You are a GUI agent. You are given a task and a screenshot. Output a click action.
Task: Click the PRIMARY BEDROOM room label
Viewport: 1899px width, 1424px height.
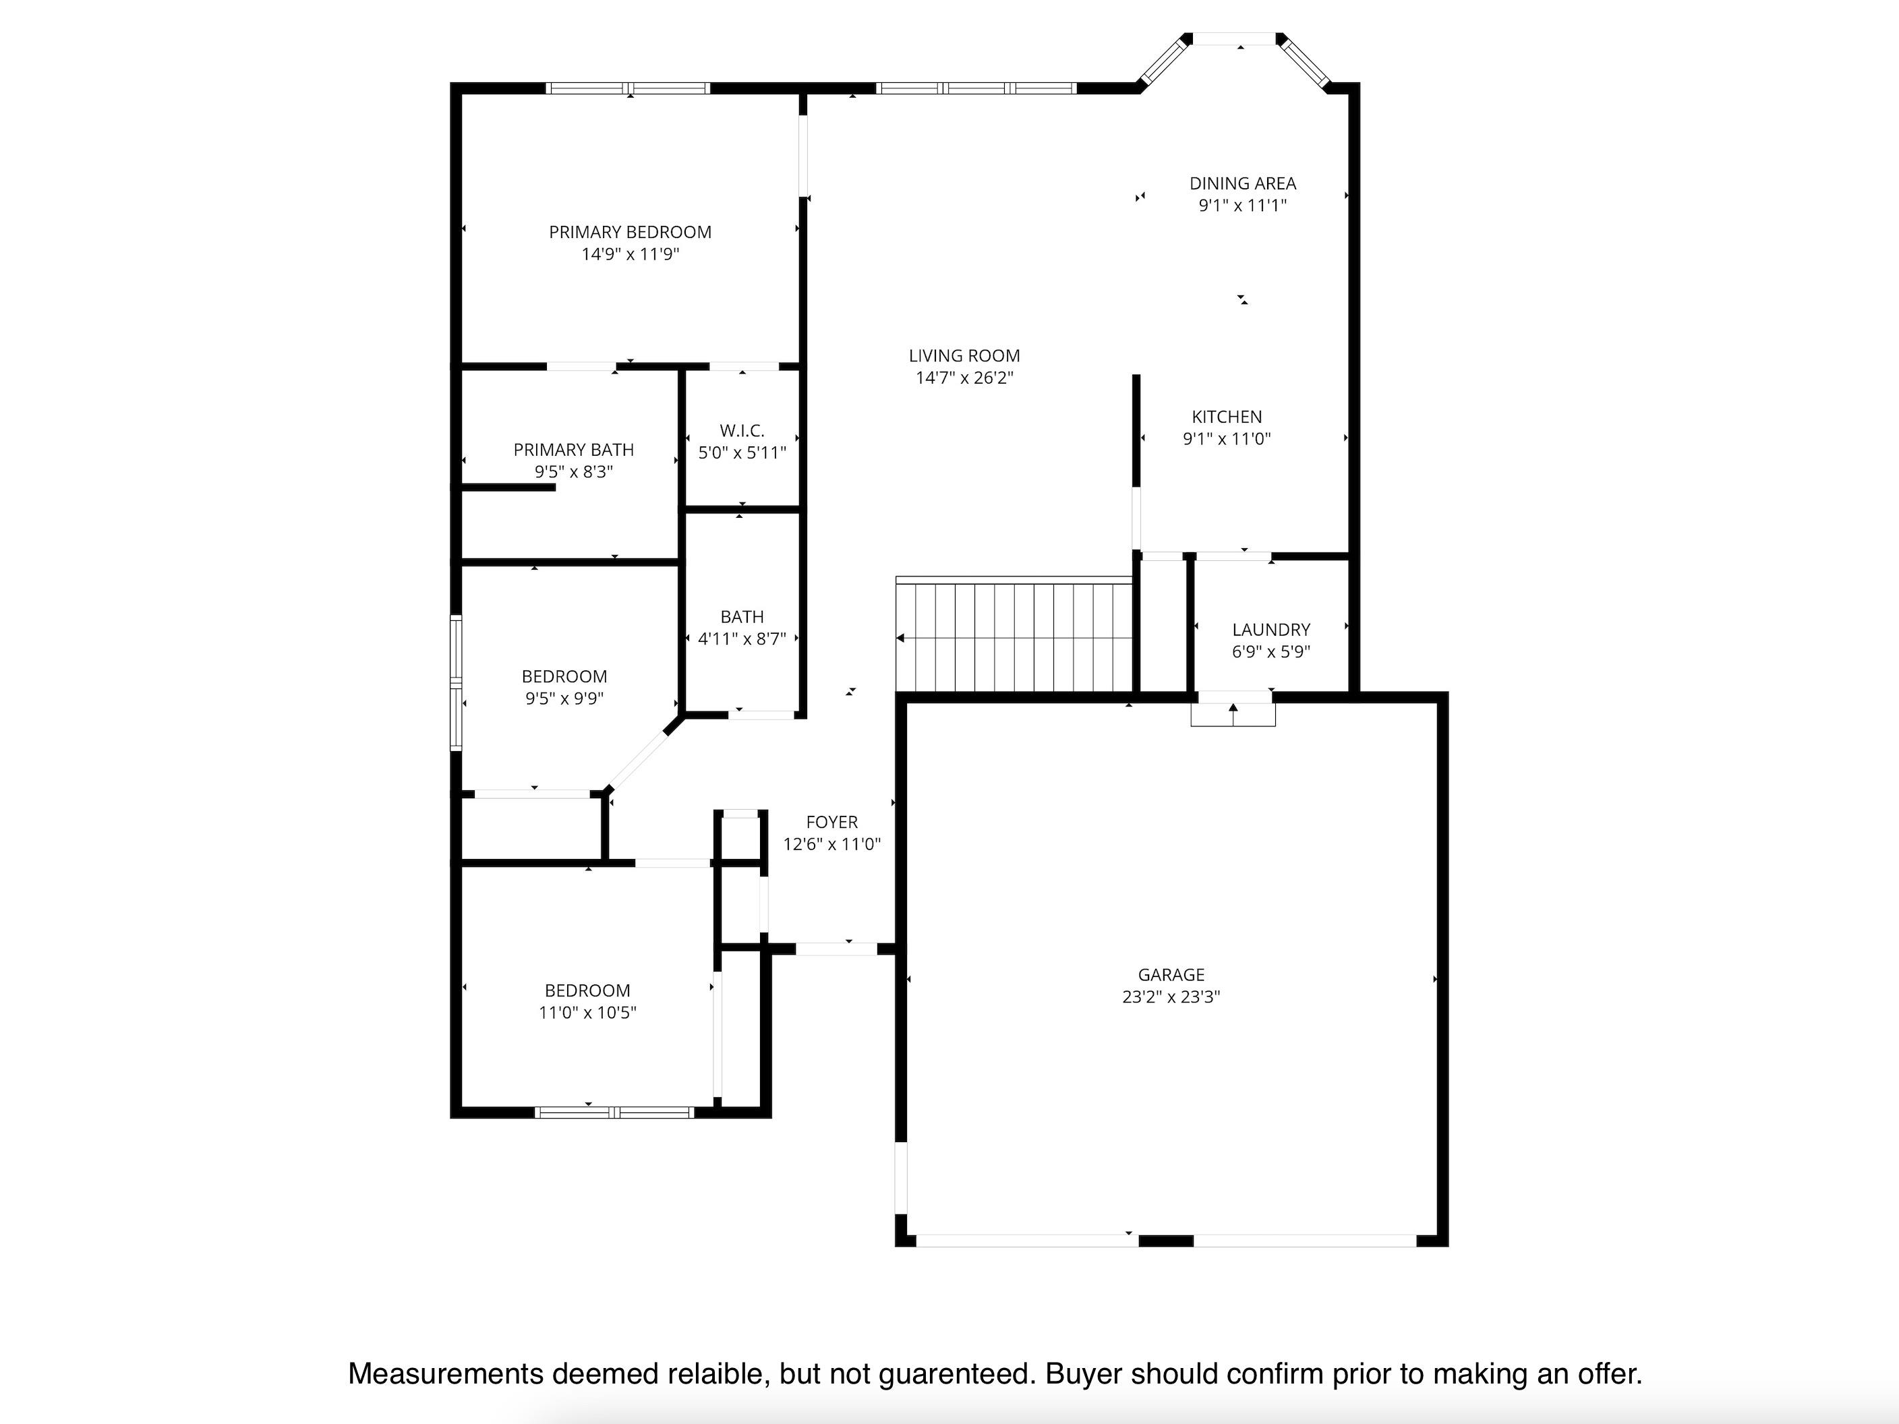click(630, 232)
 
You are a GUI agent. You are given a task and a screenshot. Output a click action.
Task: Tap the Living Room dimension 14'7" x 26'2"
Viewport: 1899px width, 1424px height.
click(964, 378)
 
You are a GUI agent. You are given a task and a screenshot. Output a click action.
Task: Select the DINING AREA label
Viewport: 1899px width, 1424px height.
click(1242, 183)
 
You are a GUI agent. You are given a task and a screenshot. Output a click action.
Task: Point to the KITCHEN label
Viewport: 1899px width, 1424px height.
click(1227, 416)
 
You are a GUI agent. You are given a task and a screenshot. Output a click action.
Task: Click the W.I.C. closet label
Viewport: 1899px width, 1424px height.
click(742, 430)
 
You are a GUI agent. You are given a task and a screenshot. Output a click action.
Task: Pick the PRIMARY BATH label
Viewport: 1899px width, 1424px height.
click(573, 449)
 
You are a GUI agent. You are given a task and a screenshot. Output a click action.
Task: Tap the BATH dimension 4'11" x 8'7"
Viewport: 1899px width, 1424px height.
click(742, 639)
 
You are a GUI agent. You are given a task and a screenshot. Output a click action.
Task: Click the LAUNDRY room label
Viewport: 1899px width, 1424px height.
click(1270, 629)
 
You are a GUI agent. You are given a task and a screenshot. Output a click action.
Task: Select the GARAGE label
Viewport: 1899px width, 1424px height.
click(1171, 974)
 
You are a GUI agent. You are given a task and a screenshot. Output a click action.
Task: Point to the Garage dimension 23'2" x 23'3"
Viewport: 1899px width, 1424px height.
click(1171, 997)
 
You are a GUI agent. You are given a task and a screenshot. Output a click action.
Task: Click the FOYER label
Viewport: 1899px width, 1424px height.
click(832, 821)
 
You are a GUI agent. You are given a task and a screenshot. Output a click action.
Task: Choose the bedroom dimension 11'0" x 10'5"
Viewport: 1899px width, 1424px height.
click(587, 1012)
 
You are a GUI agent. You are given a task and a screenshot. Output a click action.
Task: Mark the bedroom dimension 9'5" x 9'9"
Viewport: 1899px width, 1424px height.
click(564, 698)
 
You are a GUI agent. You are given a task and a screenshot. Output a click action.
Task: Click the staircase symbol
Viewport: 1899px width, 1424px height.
click(1015, 635)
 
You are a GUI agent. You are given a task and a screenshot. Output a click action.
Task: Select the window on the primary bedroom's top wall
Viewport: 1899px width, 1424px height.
click(629, 88)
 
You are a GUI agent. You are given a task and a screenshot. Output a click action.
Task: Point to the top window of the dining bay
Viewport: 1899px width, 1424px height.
click(1235, 38)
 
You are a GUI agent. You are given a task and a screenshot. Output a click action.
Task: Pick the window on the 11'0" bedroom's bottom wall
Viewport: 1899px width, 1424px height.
click(614, 1112)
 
